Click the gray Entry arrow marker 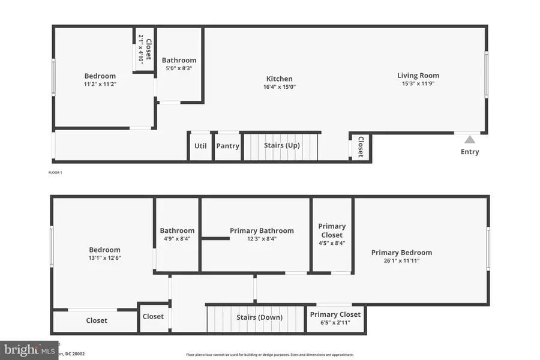[x=470, y=140]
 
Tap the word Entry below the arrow [x=470, y=152]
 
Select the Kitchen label [x=280, y=79]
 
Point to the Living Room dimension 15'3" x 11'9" [x=418, y=84]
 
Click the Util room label [x=200, y=146]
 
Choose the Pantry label [x=227, y=146]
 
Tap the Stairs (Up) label [x=282, y=145]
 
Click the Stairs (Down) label [x=259, y=317]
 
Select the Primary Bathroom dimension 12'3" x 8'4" [x=262, y=239]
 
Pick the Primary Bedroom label [x=401, y=253]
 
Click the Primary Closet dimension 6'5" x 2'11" [x=335, y=323]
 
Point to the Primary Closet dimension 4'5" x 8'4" [x=332, y=243]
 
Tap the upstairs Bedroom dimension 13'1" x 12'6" [x=104, y=258]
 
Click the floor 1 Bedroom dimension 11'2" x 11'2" [x=100, y=85]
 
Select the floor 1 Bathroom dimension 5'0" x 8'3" [x=179, y=68]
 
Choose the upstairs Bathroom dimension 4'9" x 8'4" [x=177, y=239]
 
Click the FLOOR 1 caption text [x=55, y=173]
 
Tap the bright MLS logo [x=29, y=349]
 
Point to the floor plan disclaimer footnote [x=270, y=355]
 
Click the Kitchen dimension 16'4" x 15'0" [x=280, y=87]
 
